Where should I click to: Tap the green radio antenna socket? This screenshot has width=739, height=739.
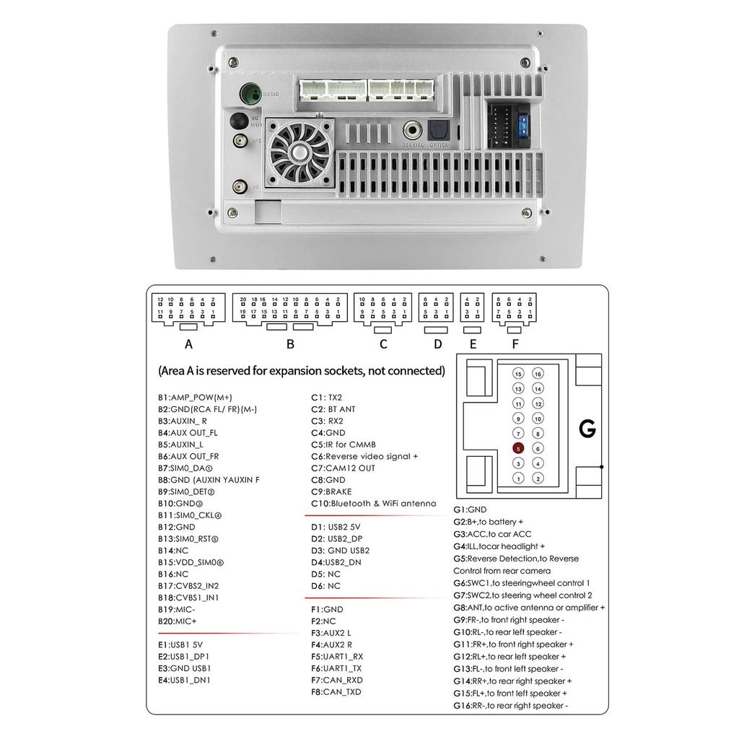tap(251, 94)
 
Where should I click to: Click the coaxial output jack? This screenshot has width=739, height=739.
tap(414, 131)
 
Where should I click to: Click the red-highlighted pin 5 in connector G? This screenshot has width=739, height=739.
tap(518, 448)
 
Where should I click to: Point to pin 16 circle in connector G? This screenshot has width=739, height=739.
tap(538, 374)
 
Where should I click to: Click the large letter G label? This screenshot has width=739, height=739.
tap(587, 429)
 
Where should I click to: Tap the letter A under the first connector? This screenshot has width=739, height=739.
tap(189, 344)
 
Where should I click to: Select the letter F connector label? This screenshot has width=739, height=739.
tap(515, 344)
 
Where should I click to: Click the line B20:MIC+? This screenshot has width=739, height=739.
tap(178, 621)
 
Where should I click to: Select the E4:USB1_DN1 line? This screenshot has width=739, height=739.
tap(184, 680)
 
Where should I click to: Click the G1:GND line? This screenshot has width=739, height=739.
tap(470, 510)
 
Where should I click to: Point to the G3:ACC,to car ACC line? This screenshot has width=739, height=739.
tap(492, 534)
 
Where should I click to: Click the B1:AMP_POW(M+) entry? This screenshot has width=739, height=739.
tap(195, 397)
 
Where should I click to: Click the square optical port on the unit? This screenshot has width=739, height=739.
tap(438, 131)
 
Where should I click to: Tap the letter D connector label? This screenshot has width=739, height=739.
tap(437, 344)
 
